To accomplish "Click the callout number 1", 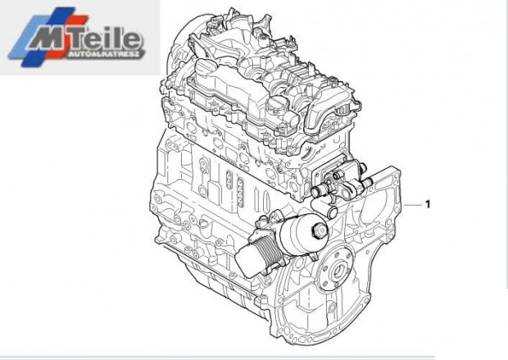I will click(x=427, y=203).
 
